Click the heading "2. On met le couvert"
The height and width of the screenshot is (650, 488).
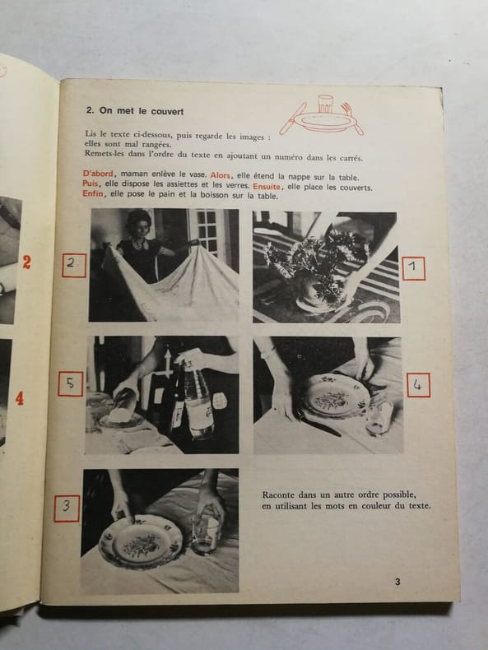pyautogui.click(x=135, y=111)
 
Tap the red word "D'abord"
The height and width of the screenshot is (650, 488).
pyautogui.click(x=98, y=174)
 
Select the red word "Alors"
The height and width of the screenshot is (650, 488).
pyautogui.click(x=221, y=175)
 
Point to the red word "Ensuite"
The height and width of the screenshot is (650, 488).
pyautogui.click(x=267, y=187)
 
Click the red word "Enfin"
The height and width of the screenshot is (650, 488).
pyautogui.click(x=92, y=193)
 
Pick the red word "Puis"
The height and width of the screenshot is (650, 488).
pyautogui.click(x=90, y=183)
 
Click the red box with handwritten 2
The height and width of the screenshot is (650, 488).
pyautogui.click(x=74, y=265)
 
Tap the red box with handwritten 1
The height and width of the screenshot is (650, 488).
pyautogui.click(x=413, y=268)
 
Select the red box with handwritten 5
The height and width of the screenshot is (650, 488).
pyautogui.click(x=71, y=384)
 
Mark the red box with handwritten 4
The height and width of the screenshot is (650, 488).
pyautogui.click(x=418, y=385)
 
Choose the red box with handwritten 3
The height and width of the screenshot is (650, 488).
pyautogui.click(x=67, y=508)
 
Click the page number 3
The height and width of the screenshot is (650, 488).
pyautogui.click(x=397, y=582)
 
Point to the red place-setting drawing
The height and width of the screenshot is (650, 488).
pyautogui.click(x=321, y=116)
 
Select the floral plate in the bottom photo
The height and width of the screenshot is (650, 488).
pyautogui.click(x=141, y=541)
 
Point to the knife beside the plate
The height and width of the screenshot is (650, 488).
pyautogui.click(x=321, y=425)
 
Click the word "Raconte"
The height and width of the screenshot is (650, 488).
pyautogui.click(x=278, y=495)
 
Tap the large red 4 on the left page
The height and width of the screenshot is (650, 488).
pyautogui.click(x=20, y=399)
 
